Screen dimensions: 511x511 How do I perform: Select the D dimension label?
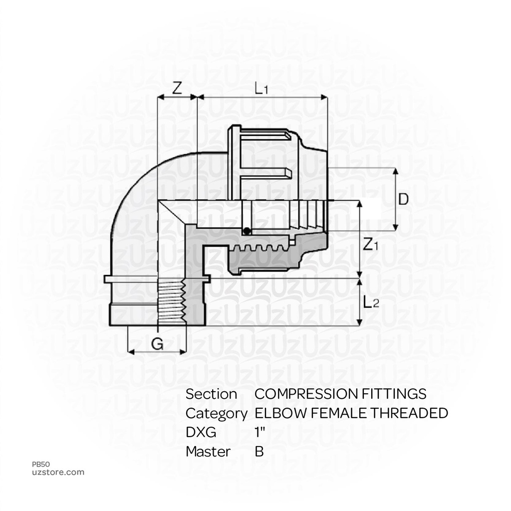[x=404, y=199]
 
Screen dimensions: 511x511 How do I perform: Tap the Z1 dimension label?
[x=371, y=245]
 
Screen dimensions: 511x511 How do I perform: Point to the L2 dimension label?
[x=371, y=302]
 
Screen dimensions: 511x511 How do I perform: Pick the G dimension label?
[x=157, y=344]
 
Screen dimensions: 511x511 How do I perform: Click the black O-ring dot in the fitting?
[x=247, y=231]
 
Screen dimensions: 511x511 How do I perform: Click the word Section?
[x=211, y=394]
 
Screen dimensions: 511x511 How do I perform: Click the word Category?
[x=216, y=413]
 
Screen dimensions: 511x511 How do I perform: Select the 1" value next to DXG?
[x=259, y=432]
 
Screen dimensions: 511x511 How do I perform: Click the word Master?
[x=208, y=452]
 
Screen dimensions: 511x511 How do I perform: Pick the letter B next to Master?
[x=259, y=452]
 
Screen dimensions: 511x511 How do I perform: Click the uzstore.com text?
[x=58, y=472]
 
